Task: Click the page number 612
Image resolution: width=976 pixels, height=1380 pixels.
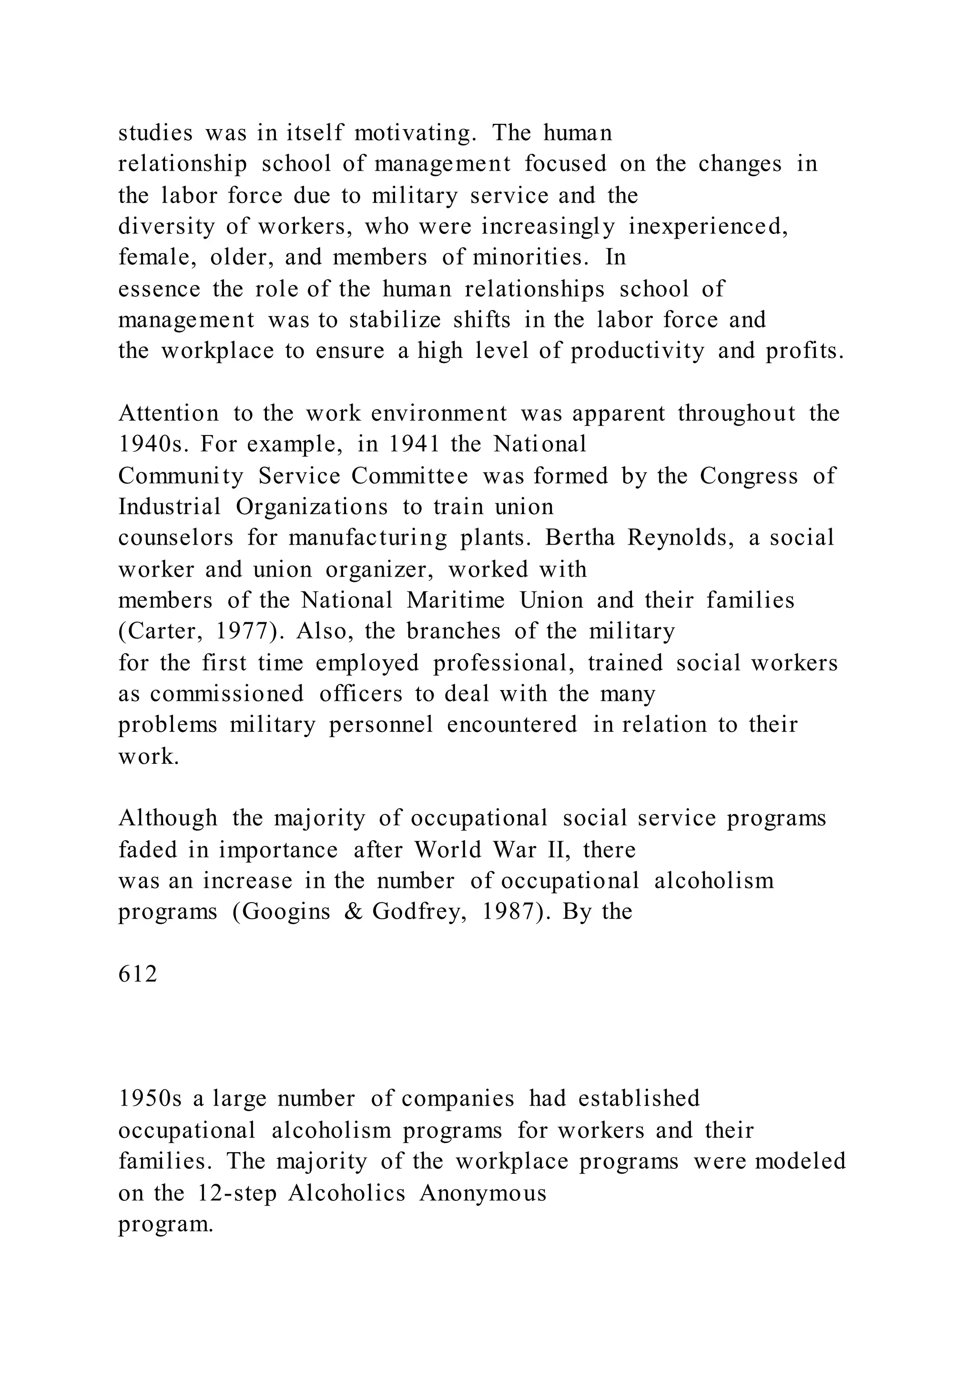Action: (138, 974)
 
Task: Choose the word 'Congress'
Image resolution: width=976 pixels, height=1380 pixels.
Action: (749, 476)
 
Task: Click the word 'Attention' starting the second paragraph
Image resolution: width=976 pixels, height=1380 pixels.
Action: (169, 413)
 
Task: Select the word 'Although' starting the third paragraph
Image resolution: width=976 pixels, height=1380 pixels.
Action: (168, 818)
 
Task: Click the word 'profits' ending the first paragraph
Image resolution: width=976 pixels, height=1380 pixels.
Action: (804, 351)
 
